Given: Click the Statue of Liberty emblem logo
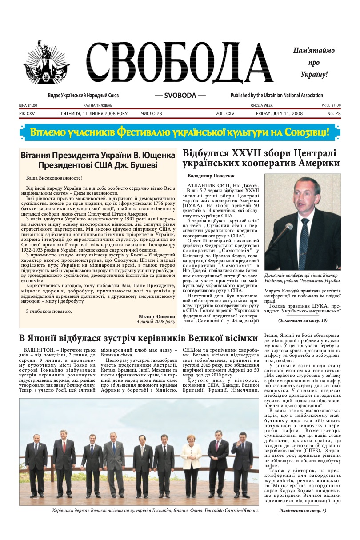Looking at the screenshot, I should point(47,66).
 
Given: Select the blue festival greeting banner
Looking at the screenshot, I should point(180,132).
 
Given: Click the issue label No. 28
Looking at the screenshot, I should point(334,114).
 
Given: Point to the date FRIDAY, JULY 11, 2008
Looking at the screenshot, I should point(279,114).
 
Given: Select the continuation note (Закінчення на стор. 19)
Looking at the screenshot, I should point(303,320).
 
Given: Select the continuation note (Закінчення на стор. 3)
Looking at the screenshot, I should point(303,510).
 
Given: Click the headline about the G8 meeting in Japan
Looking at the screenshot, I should point(138,337).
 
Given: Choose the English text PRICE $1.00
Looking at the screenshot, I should point(331,105).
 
